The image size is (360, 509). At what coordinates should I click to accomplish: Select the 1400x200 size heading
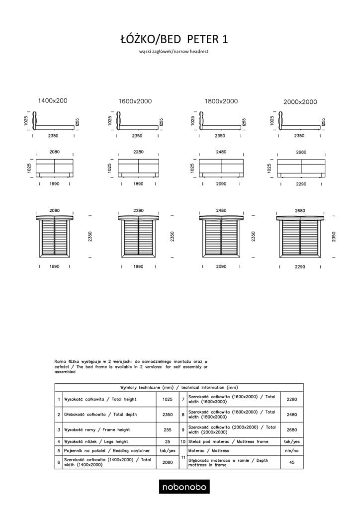click(53, 100)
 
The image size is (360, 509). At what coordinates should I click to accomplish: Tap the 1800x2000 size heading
click(221, 101)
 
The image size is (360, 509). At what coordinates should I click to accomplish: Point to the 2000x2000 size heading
click(300, 101)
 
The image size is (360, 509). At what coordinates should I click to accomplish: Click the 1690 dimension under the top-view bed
click(55, 267)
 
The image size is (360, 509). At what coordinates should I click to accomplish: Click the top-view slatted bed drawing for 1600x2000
click(138, 237)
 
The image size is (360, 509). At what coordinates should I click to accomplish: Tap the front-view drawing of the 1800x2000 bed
click(221, 167)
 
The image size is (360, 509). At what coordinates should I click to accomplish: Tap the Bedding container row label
click(106, 451)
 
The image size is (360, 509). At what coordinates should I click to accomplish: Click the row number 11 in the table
click(183, 457)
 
